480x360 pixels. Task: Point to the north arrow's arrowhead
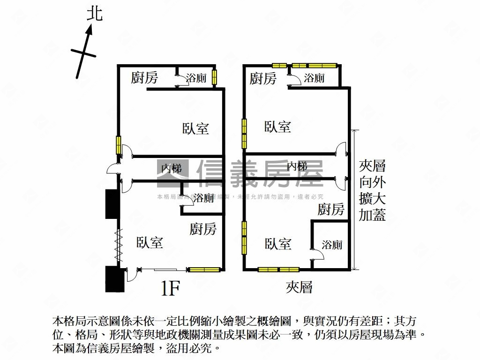(x=90, y=30)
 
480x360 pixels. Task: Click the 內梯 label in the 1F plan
(x=172, y=167)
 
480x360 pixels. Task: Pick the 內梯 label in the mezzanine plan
(x=297, y=166)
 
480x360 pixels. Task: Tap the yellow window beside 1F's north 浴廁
(x=214, y=77)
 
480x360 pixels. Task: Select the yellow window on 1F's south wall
(x=204, y=270)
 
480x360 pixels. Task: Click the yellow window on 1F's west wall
(x=119, y=144)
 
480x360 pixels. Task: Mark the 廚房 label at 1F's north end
(x=144, y=78)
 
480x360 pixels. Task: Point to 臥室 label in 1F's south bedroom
(x=150, y=242)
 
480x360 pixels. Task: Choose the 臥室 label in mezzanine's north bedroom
(x=277, y=127)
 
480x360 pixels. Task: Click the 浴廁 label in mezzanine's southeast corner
(x=332, y=244)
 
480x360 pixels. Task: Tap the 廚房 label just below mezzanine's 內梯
(x=331, y=209)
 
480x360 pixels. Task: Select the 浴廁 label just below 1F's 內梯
(x=204, y=198)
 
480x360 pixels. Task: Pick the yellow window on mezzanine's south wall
(x=278, y=270)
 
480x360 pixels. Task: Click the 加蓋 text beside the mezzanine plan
(x=372, y=215)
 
